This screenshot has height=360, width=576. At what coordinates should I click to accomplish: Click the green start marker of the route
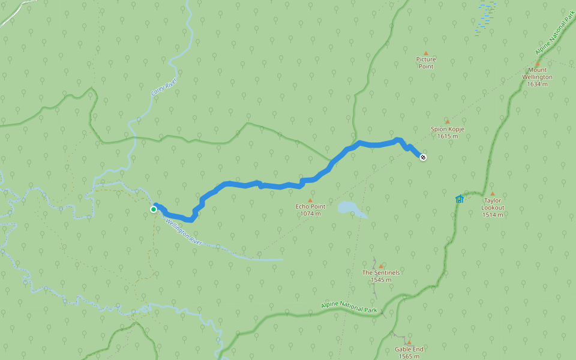click(x=154, y=209)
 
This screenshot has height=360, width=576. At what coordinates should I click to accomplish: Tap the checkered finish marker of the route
click(x=423, y=157)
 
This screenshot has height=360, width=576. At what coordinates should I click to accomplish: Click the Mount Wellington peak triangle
click(x=537, y=64)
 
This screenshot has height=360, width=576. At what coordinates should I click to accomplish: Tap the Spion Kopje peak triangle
click(x=447, y=122)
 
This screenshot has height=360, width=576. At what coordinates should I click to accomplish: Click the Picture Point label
click(x=426, y=63)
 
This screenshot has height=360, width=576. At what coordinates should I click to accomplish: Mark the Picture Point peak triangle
click(x=426, y=53)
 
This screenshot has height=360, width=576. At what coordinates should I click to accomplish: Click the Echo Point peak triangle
click(x=310, y=200)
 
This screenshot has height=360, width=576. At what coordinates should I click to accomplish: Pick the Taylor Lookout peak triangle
click(x=493, y=194)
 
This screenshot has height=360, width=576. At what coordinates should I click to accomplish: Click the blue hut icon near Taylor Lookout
click(x=460, y=199)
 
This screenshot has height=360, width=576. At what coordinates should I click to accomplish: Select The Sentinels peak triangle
click(x=380, y=266)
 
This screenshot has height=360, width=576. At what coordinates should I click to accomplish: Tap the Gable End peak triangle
click(x=409, y=343)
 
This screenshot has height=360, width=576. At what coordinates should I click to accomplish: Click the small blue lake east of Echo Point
click(x=350, y=208)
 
